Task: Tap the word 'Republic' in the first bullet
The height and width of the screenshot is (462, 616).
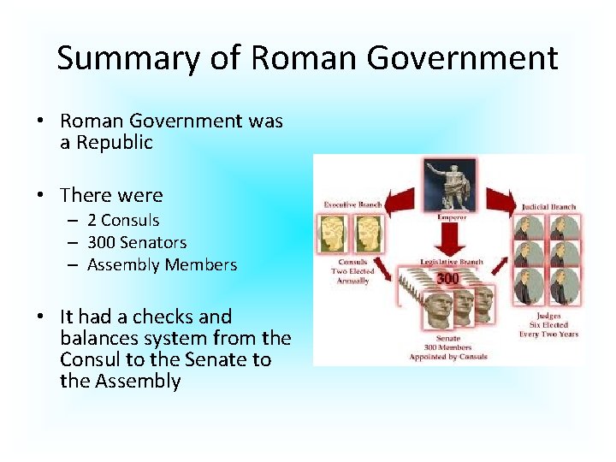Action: coord(115,143)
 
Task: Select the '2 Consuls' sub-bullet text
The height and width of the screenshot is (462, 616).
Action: coord(123,220)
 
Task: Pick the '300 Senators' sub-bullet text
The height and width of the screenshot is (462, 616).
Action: coord(137,242)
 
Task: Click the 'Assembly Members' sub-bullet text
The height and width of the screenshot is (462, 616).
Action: coord(162,264)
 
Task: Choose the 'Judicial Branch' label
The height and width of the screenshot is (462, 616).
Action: coord(549,206)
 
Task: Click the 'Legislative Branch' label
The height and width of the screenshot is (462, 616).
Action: coord(451,262)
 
